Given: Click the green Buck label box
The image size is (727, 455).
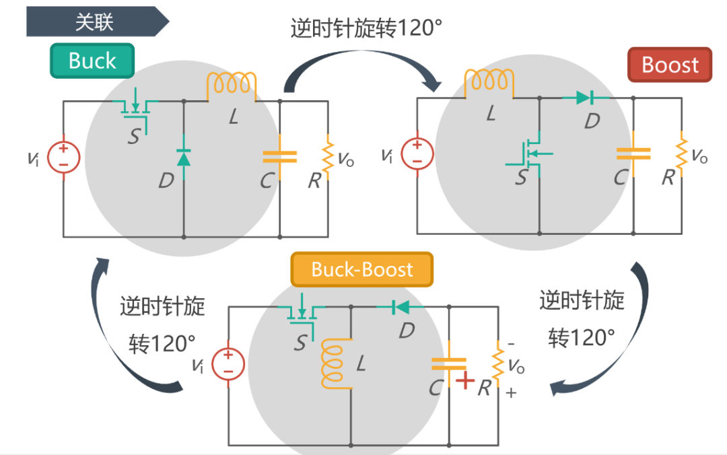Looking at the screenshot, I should (x=92, y=61).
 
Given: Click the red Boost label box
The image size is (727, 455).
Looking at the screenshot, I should (x=669, y=65).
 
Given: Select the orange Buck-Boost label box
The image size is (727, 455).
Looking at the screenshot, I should (x=361, y=270).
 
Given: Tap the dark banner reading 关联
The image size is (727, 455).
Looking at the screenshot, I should (x=94, y=22).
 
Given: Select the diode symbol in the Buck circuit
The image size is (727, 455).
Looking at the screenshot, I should (x=184, y=158).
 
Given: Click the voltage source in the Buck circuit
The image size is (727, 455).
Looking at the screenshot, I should (x=64, y=158).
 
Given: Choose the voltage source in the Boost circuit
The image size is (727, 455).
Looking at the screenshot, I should (x=417, y=153).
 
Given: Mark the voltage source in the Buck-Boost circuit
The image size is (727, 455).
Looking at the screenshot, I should (x=228, y=364).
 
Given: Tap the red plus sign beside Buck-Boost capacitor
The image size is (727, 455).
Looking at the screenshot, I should (x=464, y=381).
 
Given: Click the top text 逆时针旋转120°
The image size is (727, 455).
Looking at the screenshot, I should (x=366, y=29).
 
